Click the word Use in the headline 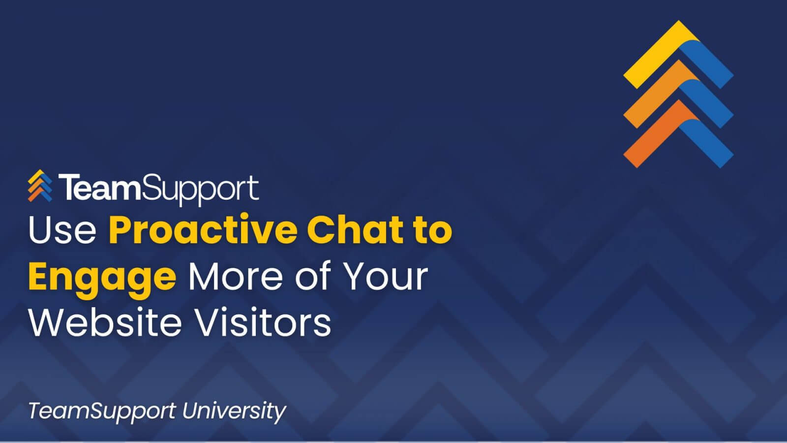[62, 230]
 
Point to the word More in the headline [236, 276]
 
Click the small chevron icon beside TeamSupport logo [40, 186]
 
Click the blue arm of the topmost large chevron [707, 63]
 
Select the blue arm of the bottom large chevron [707, 143]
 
